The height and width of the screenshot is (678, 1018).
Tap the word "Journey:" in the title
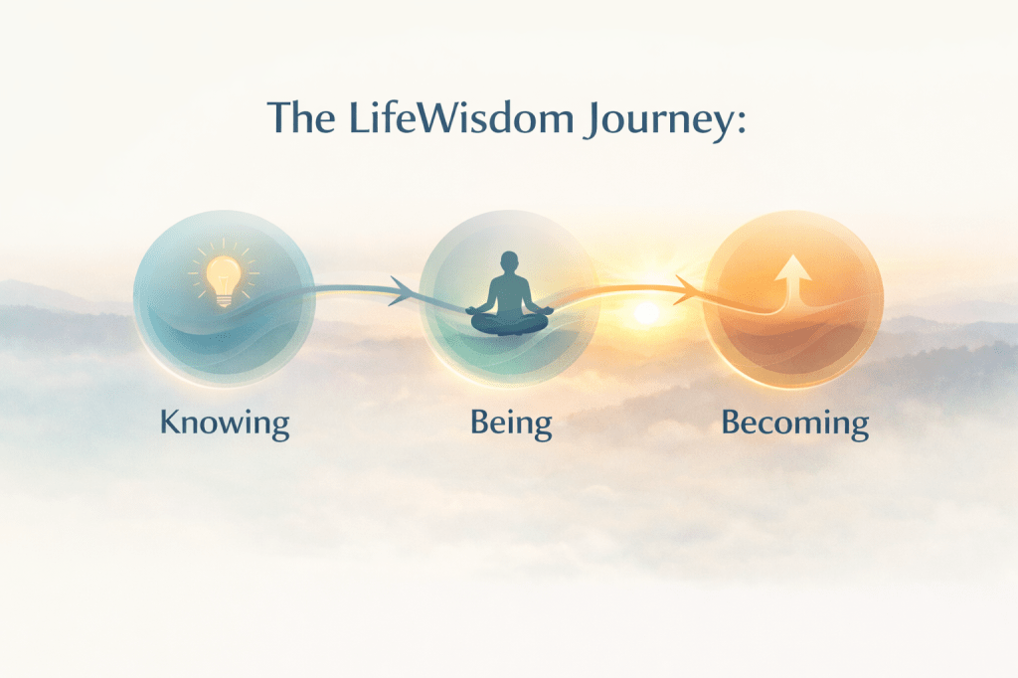[x=664, y=121]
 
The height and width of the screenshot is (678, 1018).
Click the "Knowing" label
[x=225, y=424]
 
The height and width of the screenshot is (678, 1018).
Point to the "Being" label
[x=511, y=424]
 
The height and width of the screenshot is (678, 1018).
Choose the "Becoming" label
[x=794, y=424]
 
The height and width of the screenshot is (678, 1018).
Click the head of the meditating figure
[x=510, y=261]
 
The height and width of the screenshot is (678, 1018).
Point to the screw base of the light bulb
[x=224, y=300]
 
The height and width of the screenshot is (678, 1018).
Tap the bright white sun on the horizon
[x=646, y=313]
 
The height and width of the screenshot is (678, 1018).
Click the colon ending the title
[x=741, y=122]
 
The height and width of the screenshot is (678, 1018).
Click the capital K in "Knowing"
[x=171, y=422]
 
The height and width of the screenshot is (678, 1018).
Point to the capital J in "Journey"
[x=593, y=121]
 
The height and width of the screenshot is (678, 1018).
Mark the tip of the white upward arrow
[x=793, y=254]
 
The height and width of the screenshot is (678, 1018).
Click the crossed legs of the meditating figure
[x=510, y=323]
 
